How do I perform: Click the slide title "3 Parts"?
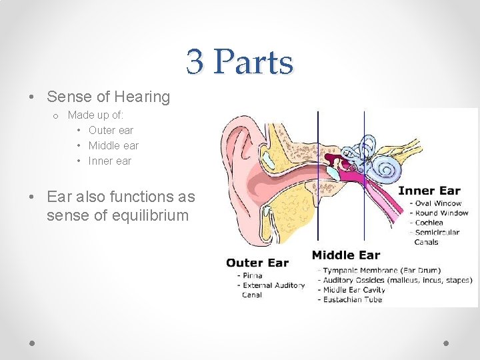(x=239, y=62)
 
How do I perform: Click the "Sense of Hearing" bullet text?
(x=108, y=97)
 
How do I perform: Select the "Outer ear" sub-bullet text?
(x=111, y=130)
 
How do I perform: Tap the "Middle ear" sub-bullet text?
(x=113, y=145)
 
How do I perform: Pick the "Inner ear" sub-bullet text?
(x=110, y=161)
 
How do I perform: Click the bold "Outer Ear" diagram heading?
(x=257, y=263)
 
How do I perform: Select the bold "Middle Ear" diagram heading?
(x=345, y=255)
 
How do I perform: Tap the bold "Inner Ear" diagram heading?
(x=429, y=191)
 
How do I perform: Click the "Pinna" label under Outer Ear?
(x=252, y=275)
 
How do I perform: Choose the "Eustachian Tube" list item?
(x=353, y=300)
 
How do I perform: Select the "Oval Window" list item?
(x=438, y=203)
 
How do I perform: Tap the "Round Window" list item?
(x=441, y=213)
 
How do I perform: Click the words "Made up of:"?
(x=95, y=115)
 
